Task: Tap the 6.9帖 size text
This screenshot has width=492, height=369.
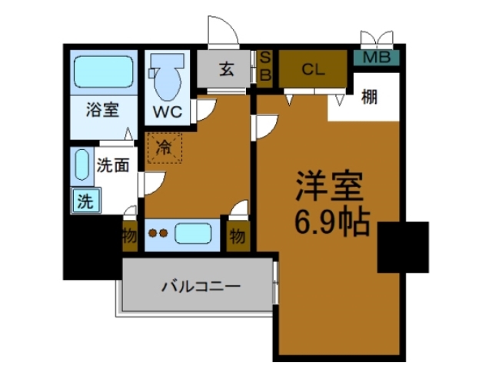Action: point(332,222)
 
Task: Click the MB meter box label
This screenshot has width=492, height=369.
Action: point(376,57)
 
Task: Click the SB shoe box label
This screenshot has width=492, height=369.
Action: point(264,66)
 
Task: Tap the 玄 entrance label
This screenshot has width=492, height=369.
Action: point(227,70)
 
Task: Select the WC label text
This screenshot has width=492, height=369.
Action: point(167,111)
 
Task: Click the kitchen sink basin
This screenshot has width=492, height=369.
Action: point(197,234)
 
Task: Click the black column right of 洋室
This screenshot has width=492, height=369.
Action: point(404,247)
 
